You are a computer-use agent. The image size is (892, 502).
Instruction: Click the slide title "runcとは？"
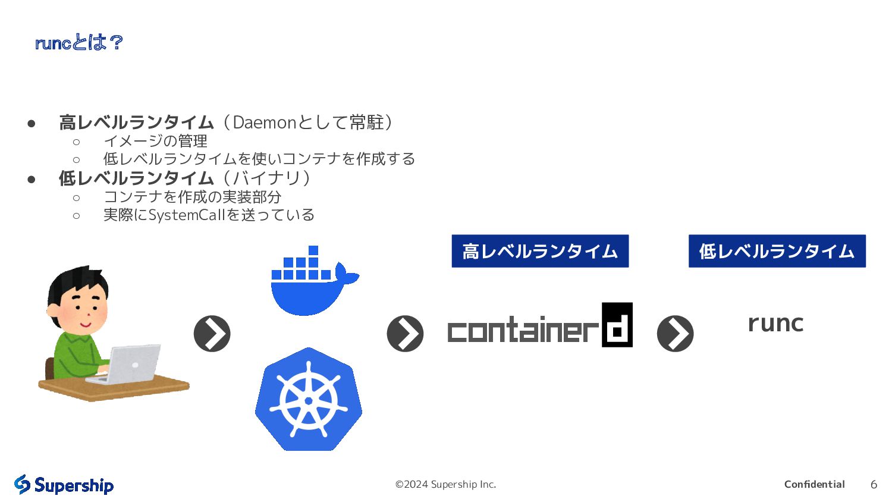[x=78, y=43]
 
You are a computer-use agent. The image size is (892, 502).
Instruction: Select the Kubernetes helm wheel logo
[x=309, y=400]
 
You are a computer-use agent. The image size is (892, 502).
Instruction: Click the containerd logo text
[x=523, y=330]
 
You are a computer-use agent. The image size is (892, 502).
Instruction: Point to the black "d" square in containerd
[x=617, y=325]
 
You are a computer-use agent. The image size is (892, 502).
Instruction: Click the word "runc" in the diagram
[x=775, y=324]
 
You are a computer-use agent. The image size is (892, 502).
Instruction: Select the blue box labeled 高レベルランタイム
[x=540, y=251]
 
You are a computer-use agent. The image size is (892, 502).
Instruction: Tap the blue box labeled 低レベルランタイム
[x=777, y=251]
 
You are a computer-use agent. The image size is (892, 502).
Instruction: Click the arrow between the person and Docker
[x=212, y=334]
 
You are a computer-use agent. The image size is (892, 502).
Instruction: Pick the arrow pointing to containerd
[x=405, y=334]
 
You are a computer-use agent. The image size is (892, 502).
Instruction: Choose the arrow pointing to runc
[x=675, y=334]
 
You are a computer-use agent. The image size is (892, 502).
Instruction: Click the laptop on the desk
[x=132, y=363]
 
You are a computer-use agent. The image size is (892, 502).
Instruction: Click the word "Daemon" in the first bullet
[x=264, y=123]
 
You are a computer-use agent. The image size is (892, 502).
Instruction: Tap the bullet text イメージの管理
[x=155, y=141]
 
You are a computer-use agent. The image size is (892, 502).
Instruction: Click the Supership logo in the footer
[x=64, y=485]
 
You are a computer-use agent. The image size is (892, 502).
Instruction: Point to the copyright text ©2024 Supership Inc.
[x=445, y=484]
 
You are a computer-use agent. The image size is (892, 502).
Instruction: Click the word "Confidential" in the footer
[x=814, y=484]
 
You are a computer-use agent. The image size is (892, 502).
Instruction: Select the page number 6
[x=874, y=485]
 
